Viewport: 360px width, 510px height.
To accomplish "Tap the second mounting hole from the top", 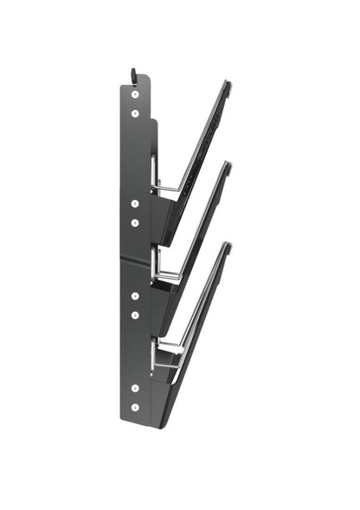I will [x=135, y=113].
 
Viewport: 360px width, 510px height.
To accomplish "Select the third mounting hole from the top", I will [x=135, y=203].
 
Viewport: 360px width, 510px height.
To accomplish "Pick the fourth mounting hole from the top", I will [x=135, y=223].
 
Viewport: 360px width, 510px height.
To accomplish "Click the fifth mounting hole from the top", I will [x=135, y=295].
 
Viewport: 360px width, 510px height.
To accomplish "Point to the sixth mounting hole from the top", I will [x=135, y=315].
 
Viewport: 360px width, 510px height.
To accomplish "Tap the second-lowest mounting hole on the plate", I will [x=135, y=386].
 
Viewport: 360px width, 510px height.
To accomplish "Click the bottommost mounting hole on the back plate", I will [x=135, y=406].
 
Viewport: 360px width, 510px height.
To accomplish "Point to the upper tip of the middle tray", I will [x=228, y=164].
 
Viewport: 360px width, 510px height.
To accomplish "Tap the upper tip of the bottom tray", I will [x=228, y=245].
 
